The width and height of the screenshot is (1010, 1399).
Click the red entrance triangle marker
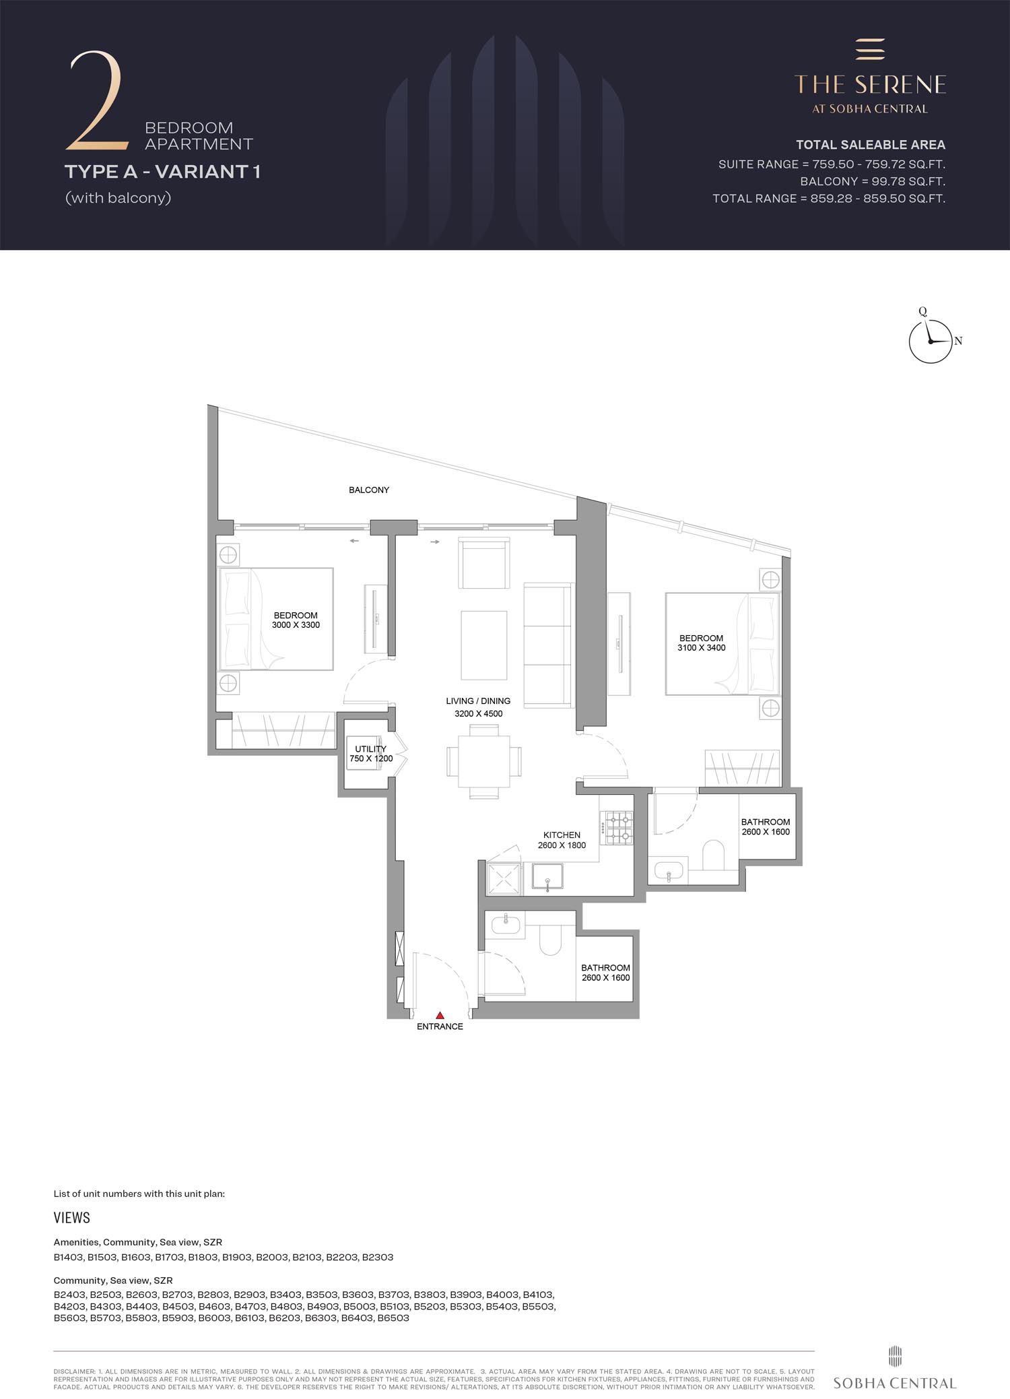pyautogui.click(x=440, y=1015)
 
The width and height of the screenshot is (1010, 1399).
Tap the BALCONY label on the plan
pyautogui.click(x=369, y=490)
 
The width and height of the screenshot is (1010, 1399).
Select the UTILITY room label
pyautogui.click(x=370, y=748)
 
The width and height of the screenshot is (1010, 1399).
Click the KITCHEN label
pyautogui.click(x=562, y=835)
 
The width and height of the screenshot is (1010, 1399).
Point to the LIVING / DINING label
pyautogui.click(x=478, y=701)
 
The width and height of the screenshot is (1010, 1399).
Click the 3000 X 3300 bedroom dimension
pyautogui.click(x=296, y=624)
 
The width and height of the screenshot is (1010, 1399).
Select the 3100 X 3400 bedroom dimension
pyautogui.click(x=702, y=647)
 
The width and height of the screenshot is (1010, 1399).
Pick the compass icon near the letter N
pyautogui.click(x=931, y=341)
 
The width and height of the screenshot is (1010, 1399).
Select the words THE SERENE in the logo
pyautogui.click(x=870, y=84)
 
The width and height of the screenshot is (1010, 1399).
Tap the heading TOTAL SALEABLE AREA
pyautogui.click(x=871, y=144)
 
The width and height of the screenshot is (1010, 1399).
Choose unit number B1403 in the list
pyautogui.click(x=69, y=1257)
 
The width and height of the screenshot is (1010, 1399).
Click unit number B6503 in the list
pyautogui.click(x=393, y=1317)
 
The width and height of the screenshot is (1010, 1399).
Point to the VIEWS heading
pyautogui.click(x=71, y=1217)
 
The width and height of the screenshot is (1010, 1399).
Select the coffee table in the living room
pyautogui.click(x=484, y=645)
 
